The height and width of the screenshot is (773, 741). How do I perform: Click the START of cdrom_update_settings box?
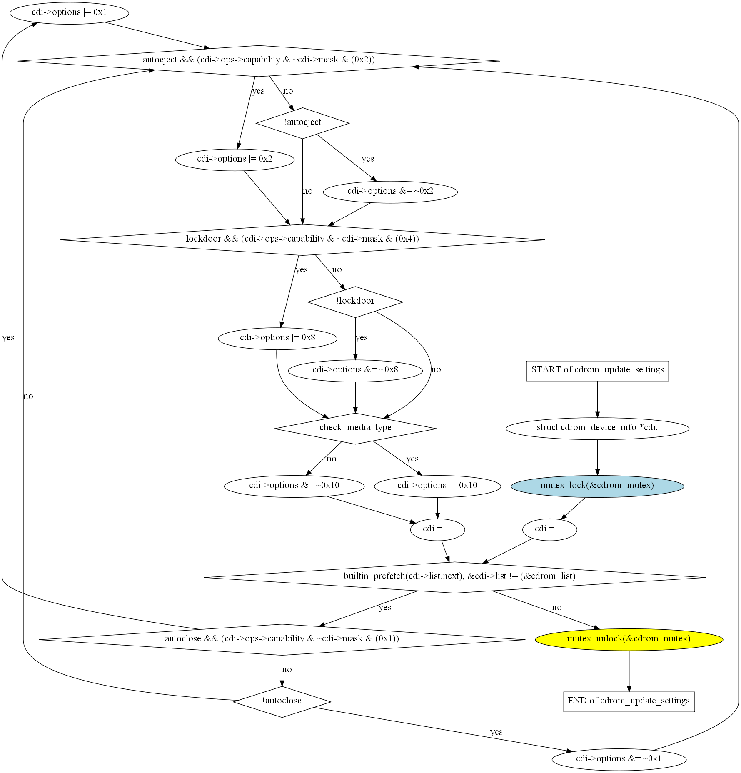(x=597, y=371)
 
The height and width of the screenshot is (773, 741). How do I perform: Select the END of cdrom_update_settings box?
(x=629, y=702)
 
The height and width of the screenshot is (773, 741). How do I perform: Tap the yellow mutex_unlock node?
(x=629, y=639)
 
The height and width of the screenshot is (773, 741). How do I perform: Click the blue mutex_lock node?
(x=597, y=486)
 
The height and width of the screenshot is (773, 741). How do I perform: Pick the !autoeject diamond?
(x=303, y=123)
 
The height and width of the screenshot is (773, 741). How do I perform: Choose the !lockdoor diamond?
(x=355, y=302)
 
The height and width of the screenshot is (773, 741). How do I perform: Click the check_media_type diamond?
(x=355, y=428)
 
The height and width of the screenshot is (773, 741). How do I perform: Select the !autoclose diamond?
(x=282, y=702)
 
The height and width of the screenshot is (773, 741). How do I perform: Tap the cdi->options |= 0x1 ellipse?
(x=69, y=13)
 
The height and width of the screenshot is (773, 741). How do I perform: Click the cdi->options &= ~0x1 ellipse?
(x=619, y=759)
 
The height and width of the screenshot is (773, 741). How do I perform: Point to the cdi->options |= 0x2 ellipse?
(x=235, y=160)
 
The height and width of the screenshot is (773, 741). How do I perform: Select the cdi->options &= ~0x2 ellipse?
(x=390, y=192)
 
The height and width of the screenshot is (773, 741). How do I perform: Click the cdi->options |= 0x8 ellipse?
(x=277, y=338)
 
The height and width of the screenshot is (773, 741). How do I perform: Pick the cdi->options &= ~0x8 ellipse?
(x=355, y=370)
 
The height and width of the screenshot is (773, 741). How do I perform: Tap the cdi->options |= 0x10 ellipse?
(x=437, y=486)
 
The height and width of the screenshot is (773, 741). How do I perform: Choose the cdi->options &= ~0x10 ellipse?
(x=294, y=486)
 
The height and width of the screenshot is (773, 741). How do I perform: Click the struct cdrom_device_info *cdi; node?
(x=597, y=428)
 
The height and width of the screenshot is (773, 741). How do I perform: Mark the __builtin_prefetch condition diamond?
(x=454, y=577)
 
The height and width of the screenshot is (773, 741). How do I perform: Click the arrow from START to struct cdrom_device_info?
(x=597, y=399)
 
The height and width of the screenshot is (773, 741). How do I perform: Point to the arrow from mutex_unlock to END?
(x=629, y=671)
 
